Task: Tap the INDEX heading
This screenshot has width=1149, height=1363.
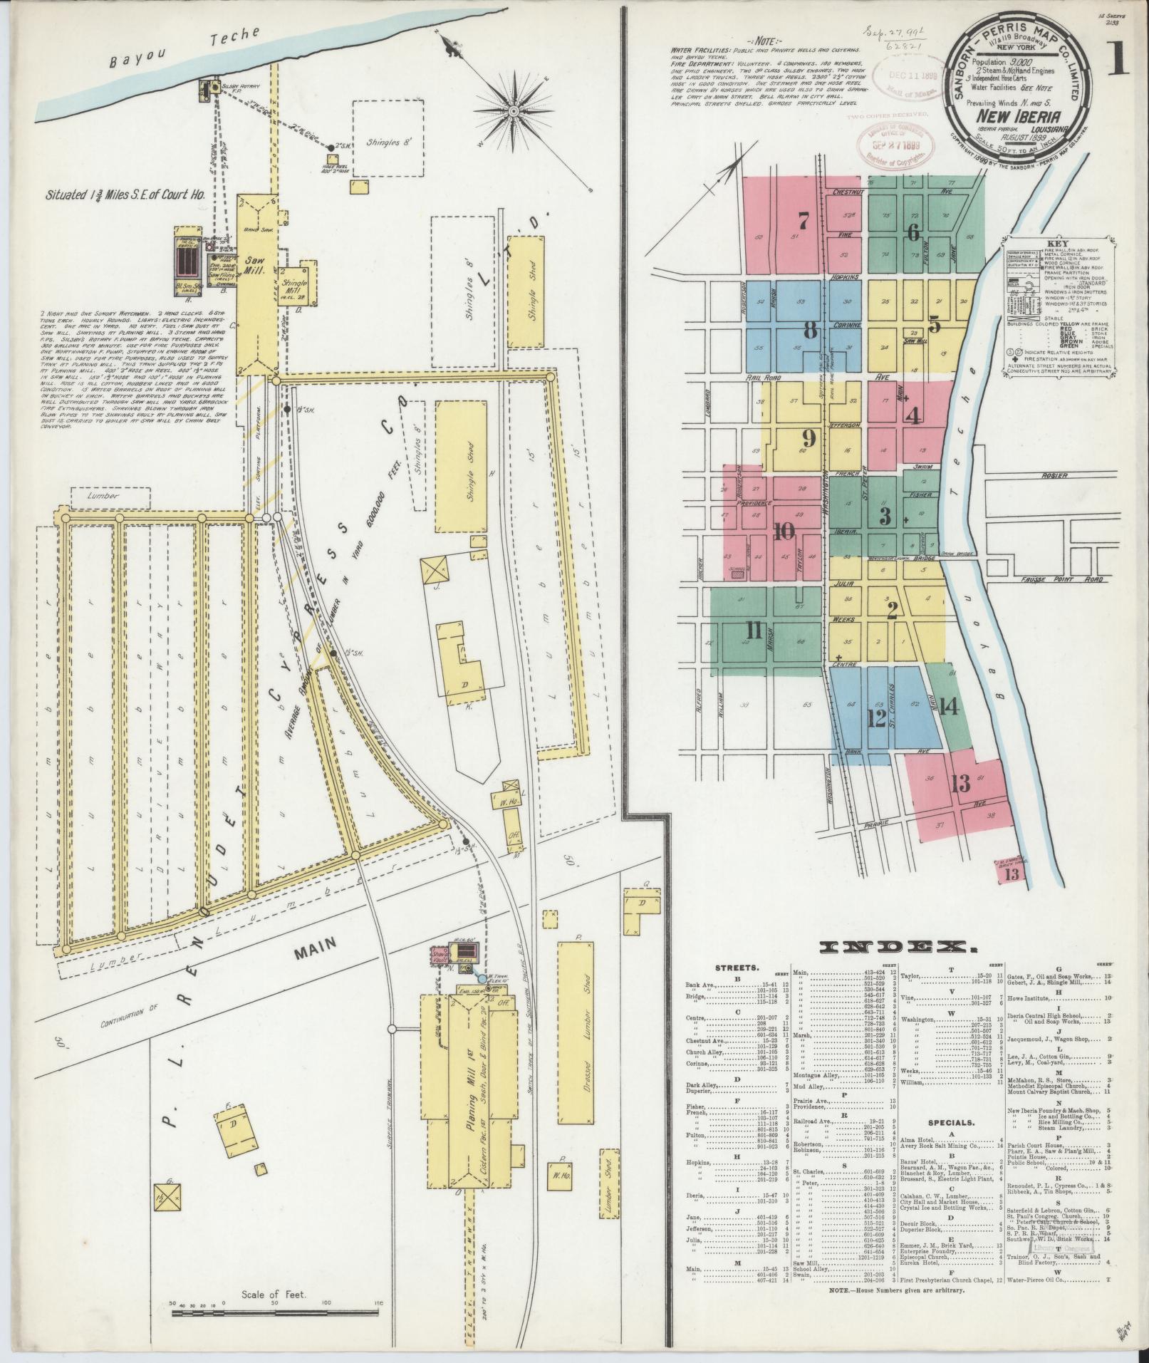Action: (x=898, y=947)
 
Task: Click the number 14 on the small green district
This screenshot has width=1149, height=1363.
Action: (x=948, y=707)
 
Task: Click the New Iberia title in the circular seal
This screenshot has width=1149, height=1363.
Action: (x=1021, y=117)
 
